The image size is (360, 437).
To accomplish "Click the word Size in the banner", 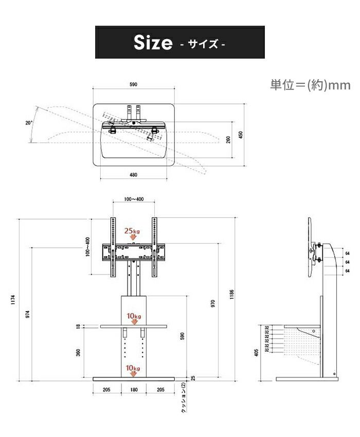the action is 153,43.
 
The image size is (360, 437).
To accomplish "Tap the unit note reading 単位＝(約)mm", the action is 310,85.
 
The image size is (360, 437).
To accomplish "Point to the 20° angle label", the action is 29,123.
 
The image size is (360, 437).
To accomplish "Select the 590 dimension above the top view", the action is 133,84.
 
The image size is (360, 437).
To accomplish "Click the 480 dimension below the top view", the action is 133,175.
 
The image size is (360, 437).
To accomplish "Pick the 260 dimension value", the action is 228,140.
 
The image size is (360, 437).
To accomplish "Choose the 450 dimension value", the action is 241,135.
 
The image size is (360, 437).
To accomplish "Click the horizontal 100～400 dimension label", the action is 134,199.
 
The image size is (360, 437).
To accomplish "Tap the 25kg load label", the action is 132,231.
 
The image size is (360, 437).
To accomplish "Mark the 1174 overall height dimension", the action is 13,300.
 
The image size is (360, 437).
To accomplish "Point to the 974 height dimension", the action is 27,314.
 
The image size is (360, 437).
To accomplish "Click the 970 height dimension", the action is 213,303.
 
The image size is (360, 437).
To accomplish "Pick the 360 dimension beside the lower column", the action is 78,352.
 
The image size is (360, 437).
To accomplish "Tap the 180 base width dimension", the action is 134,390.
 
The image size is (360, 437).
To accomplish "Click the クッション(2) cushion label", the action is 183,397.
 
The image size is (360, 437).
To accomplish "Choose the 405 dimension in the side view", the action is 256,353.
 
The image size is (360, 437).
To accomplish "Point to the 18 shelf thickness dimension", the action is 78,326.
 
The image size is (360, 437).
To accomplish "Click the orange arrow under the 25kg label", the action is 133,237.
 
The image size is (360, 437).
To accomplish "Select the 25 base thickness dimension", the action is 193,378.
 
